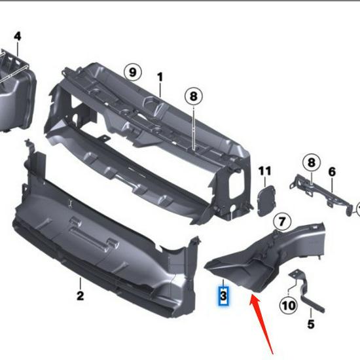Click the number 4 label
17,36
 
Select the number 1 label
160,77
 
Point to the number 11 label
264,171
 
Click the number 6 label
332,172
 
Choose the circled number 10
288,305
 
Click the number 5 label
311,324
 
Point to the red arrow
262,321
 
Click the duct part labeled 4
16,95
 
